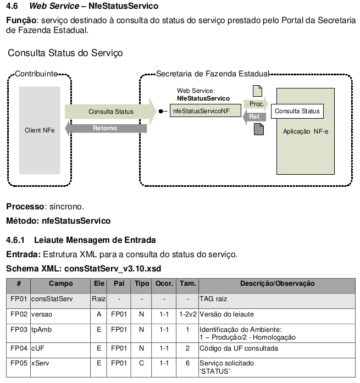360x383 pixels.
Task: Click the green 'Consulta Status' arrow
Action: (x=110, y=112)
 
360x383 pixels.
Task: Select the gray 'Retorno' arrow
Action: (x=106, y=128)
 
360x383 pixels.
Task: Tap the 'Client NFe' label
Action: (x=40, y=130)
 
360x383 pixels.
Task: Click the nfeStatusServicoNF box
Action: (x=206, y=110)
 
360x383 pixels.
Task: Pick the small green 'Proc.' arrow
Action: (x=256, y=104)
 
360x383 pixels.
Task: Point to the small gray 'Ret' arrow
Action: (x=254, y=116)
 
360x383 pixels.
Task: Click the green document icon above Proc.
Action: (x=257, y=91)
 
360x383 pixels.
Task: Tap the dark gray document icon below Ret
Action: (x=259, y=129)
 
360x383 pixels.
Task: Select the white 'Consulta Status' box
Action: (x=297, y=111)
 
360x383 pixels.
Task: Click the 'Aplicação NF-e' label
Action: (x=306, y=131)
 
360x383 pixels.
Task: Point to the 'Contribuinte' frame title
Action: (x=36, y=74)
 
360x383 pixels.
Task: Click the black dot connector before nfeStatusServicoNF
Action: (x=160, y=112)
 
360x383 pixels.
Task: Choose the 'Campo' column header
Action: (x=61, y=284)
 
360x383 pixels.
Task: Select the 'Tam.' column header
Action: (x=187, y=284)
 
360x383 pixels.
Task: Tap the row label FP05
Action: (x=19, y=363)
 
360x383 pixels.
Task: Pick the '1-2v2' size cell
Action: (x=187, y=314)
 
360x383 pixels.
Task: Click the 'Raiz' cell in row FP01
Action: (x=99, y=299)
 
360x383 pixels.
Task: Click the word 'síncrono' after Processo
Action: (x=65, y=207)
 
